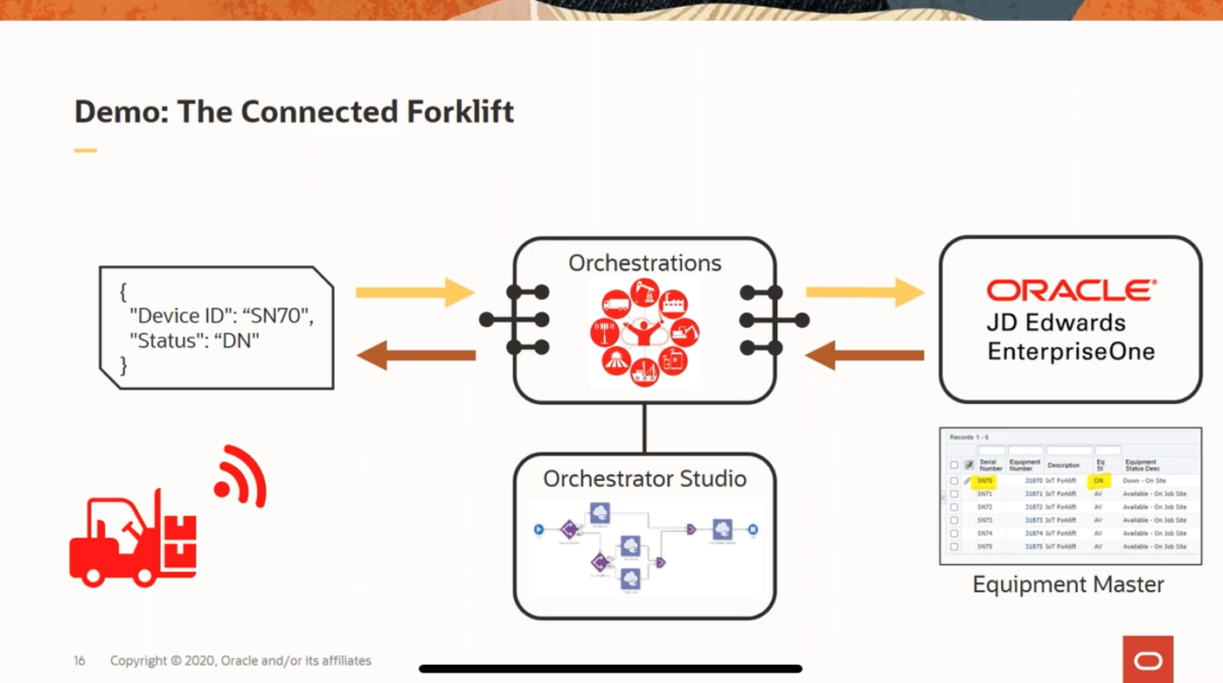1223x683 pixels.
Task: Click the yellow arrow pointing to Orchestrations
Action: [x=414, y=293]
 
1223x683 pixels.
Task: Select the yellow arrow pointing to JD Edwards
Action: [x=865, y=293]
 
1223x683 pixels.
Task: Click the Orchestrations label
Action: [x=645, y=263]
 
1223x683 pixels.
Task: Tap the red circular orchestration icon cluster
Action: [x=645, y=331]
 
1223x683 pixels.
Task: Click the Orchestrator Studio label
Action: [x=645, y=478]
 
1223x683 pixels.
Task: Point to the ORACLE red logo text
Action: [x=1071, y=290]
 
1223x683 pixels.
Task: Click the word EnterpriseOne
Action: [x=1071, y=352]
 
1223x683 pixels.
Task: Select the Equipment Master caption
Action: [x=1068, y=584]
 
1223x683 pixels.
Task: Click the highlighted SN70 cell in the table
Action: [x=985, y=481]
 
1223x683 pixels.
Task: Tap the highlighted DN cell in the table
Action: [x=1098, y=481]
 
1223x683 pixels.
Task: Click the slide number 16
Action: [x=80, y=660]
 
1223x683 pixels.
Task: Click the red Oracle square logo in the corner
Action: [x=1148, y=659]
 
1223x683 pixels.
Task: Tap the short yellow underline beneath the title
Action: [x=85, y=150]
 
